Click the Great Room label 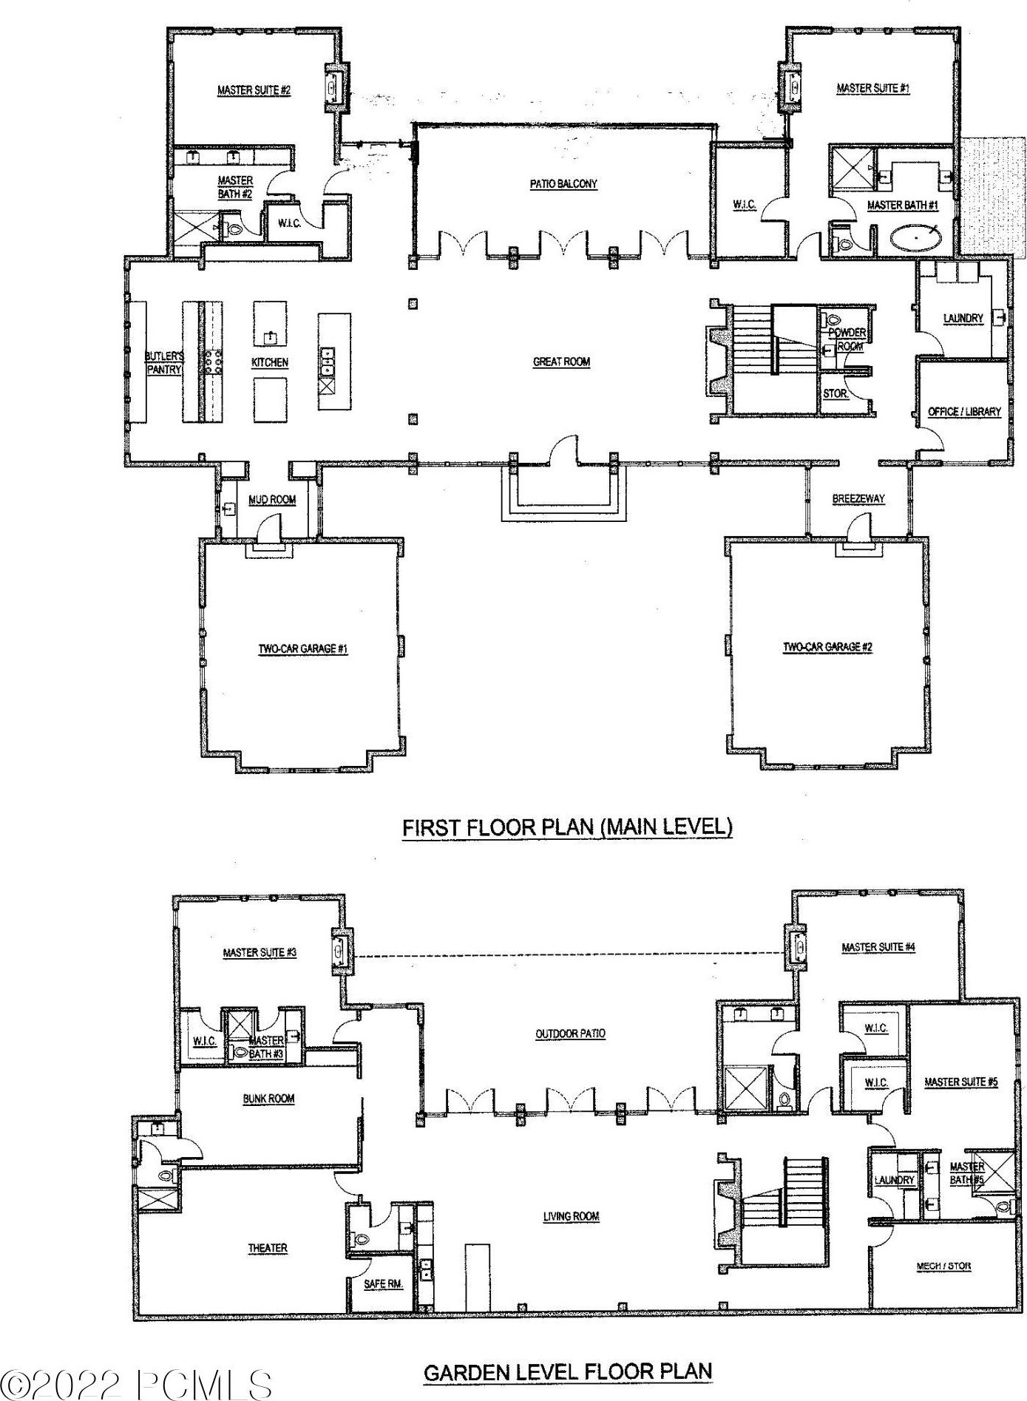(x=561, y=362)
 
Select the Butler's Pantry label (x=163, y=363)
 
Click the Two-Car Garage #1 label (x=302, y=649)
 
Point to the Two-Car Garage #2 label (x=827, y=647)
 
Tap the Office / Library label (x=964, y=411)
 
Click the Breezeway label (x=858, y=499)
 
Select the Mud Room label (x=272, y=500)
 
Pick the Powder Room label (x=847, y=339)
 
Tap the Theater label (x=268, y=1248)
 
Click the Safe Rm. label (x=384, y=1284)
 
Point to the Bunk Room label (x=268, y=1099)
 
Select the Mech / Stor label (x=943, y=1266)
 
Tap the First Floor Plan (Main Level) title (x=567, y=827)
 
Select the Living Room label (x=571, y=1216)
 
